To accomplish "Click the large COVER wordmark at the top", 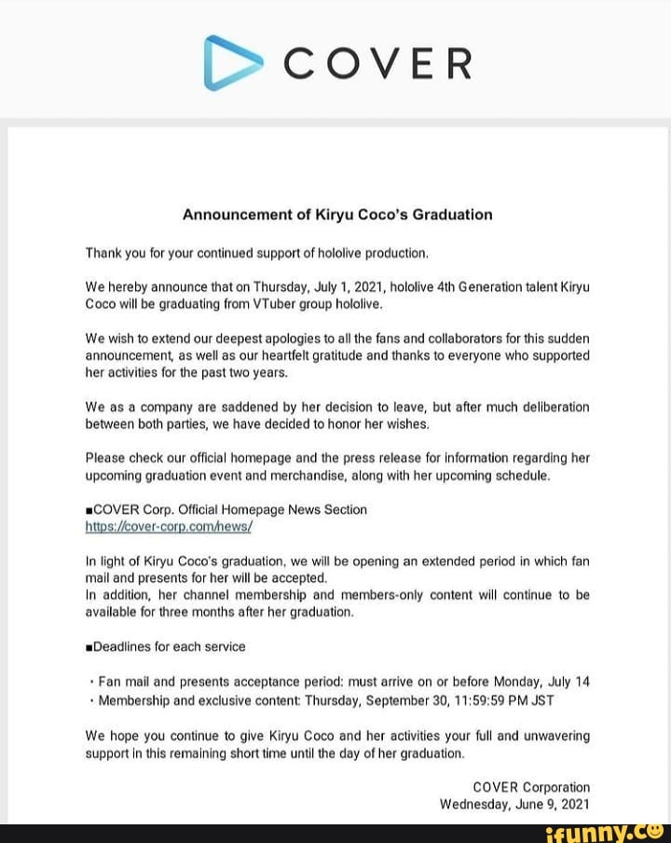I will point(377,64).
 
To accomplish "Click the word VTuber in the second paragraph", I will point(245,304).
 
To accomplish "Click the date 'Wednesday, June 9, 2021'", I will point(514,804).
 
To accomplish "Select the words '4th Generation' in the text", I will point(456,288).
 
